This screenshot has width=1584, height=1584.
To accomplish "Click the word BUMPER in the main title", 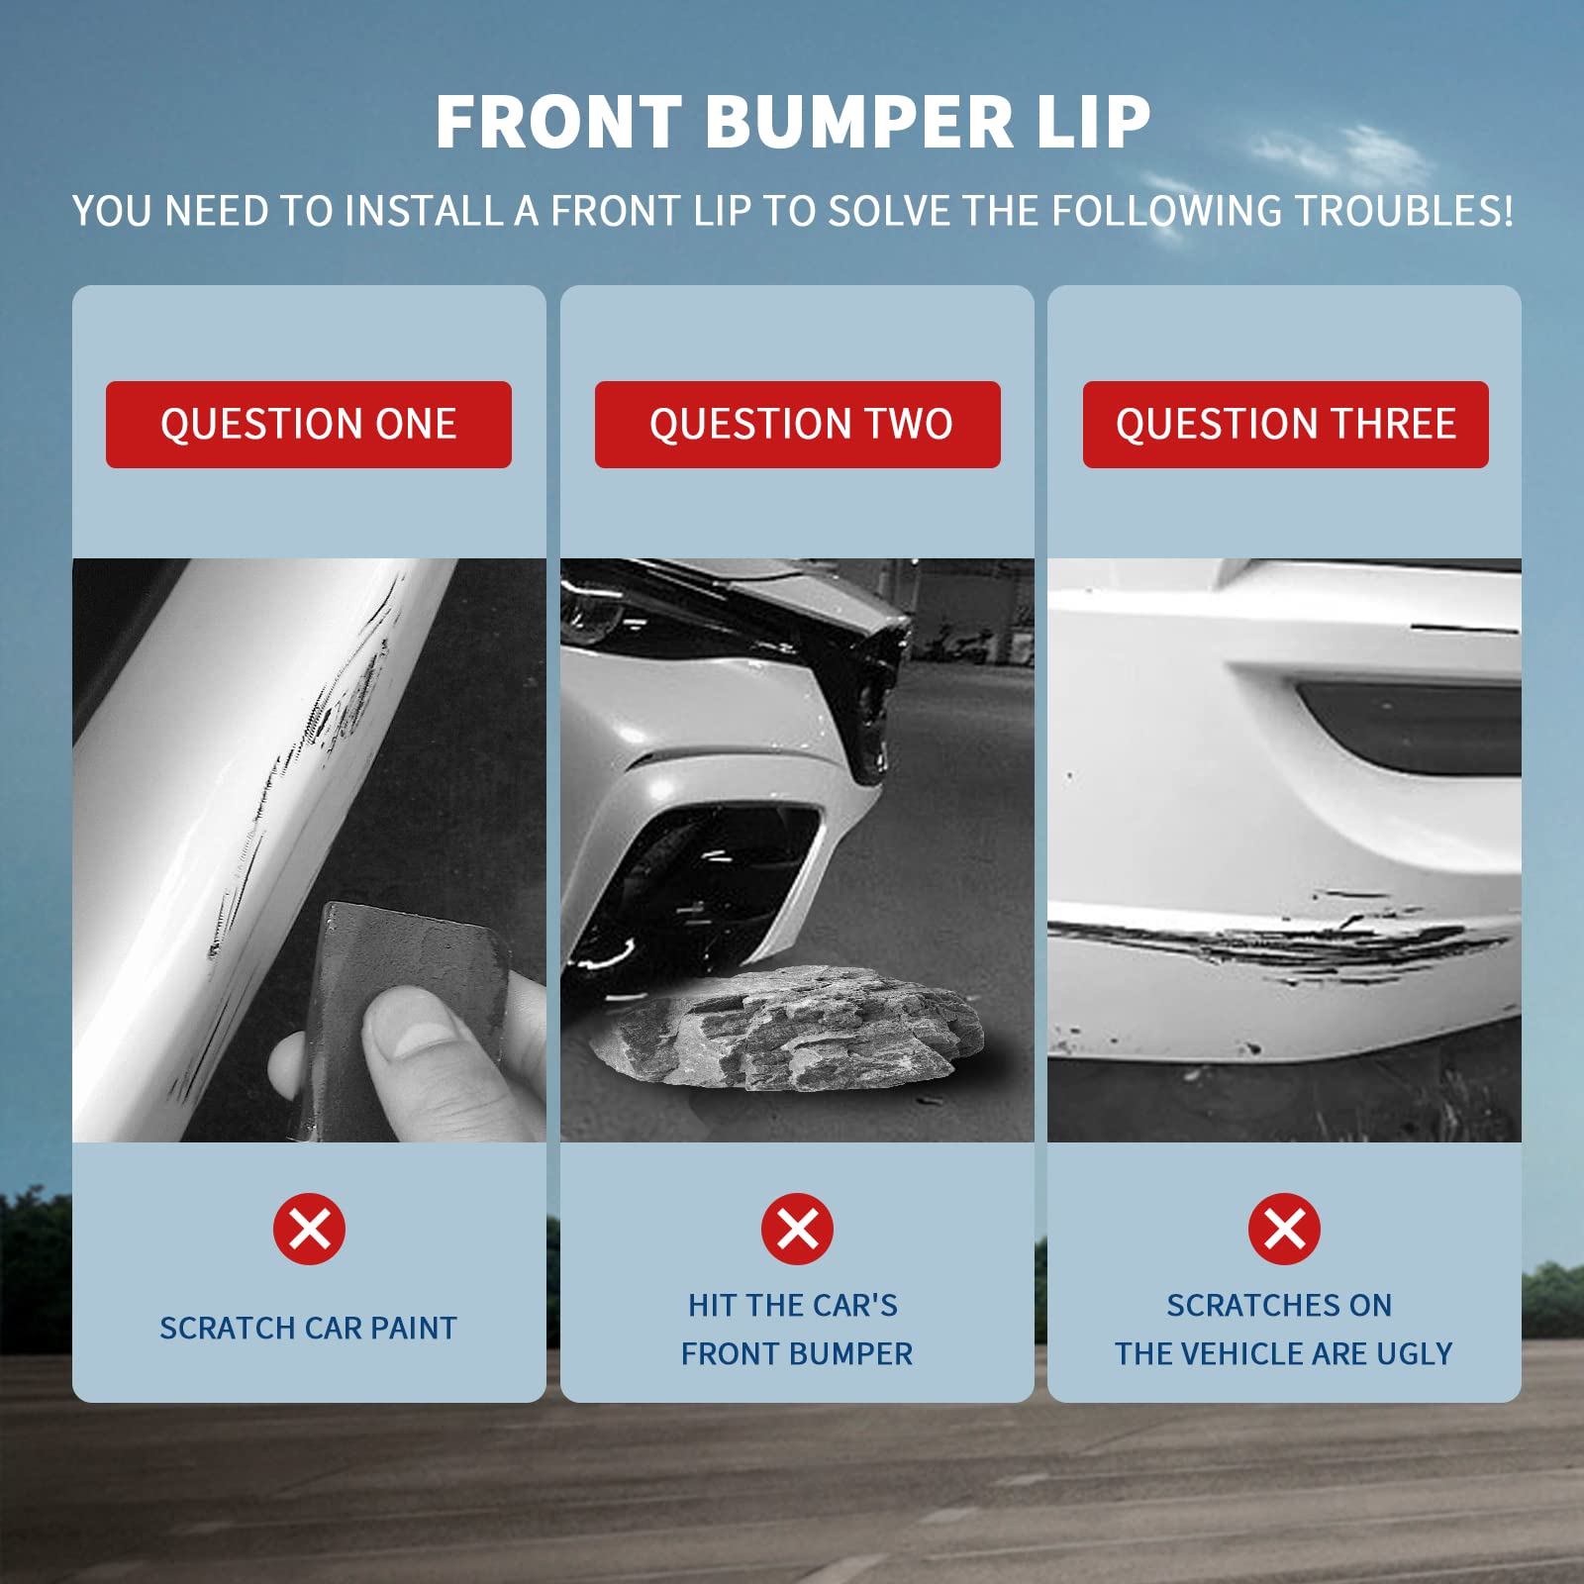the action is [x=859, y=122].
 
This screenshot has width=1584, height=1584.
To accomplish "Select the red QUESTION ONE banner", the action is [x=309, y=424].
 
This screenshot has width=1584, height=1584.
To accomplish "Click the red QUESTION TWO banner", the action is [x=797, y=424].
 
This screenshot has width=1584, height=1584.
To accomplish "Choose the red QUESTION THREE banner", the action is [x=1285, y=424].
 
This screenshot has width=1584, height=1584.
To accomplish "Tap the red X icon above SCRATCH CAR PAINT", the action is [x=309, y=1230].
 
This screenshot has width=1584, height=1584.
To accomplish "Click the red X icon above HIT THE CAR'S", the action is [x=797, y=1230].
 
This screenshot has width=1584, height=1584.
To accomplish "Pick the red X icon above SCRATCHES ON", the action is [x=1284, y=1230].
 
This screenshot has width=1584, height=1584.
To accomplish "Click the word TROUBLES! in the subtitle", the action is [x=1404, y=212].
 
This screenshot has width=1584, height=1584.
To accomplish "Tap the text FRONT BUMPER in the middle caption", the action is [x=797, y=1353].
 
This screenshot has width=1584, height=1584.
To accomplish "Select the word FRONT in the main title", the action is [x=559, y=122].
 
